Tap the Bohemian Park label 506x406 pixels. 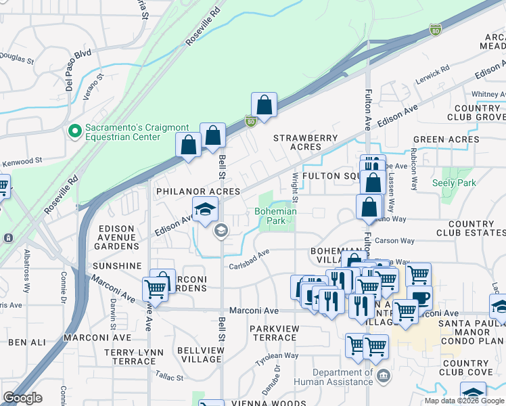click(x=275, y=217)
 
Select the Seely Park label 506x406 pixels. click(x=454, y=183)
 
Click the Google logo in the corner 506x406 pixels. click(x=22, y=398)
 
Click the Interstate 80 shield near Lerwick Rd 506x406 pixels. click(x=435, y=30)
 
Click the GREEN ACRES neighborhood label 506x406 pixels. click(x=446, y=139)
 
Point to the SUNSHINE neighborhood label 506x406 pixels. click(x=119, y=266)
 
